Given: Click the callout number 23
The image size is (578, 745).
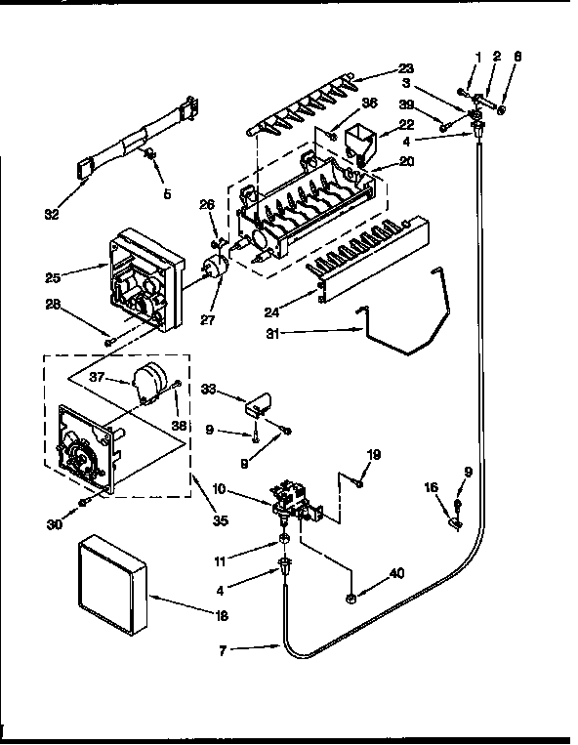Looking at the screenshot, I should (x=405, y=68).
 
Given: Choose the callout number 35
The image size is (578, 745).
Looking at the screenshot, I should (x=220, y=520).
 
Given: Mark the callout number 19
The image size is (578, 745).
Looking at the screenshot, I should (x=373, y=454).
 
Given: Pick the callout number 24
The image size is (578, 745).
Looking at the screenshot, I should (x=275, y=312).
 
